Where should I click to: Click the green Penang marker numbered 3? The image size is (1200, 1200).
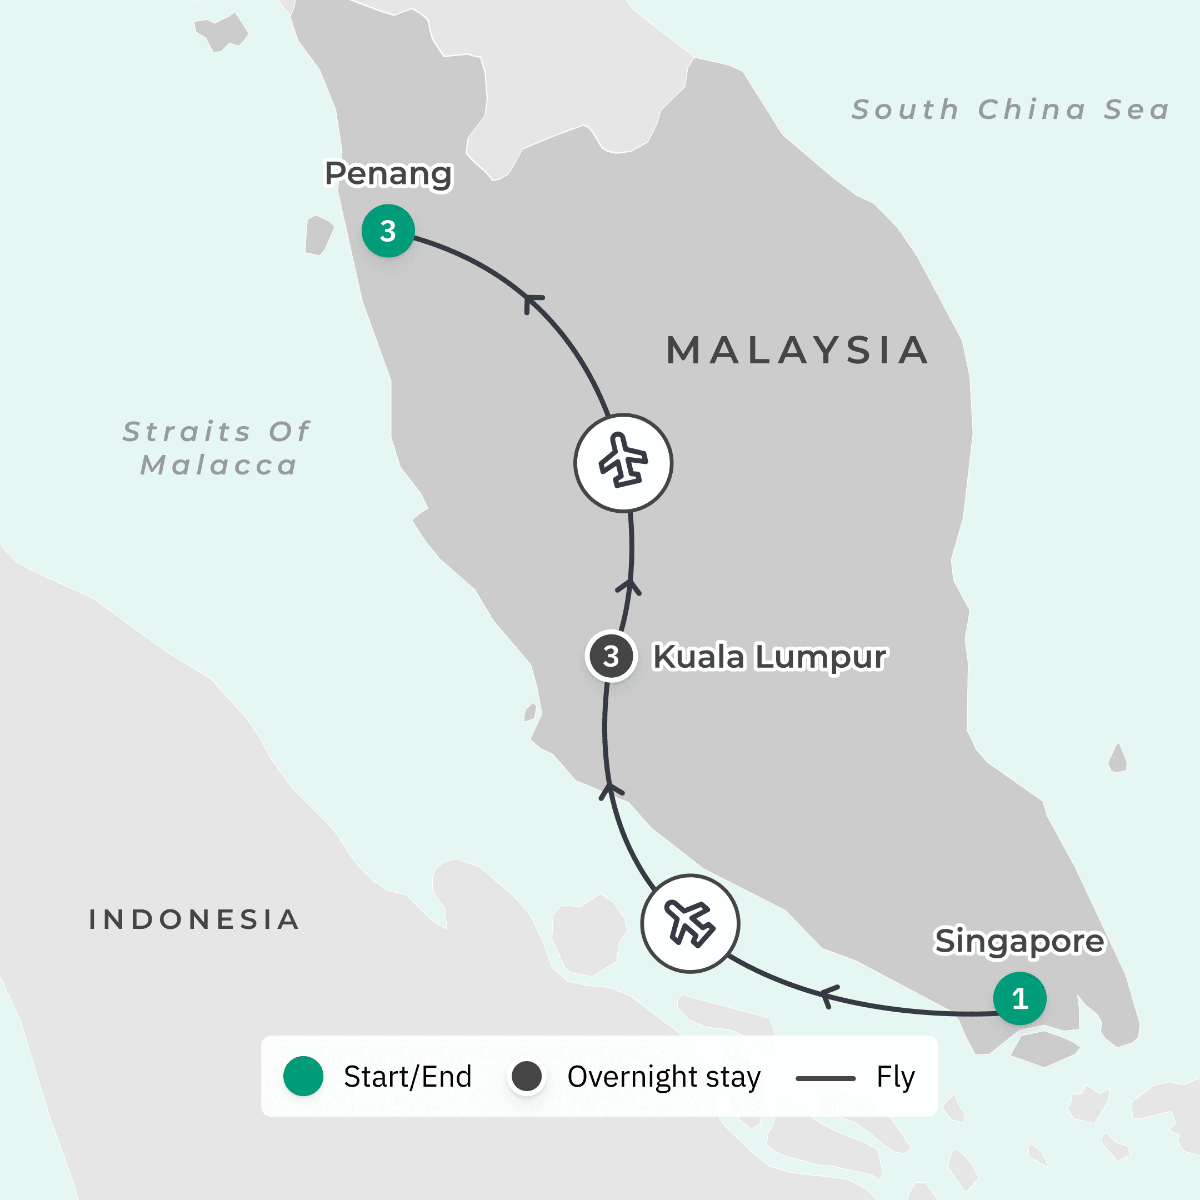click(388, 231)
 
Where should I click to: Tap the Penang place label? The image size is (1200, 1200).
click(388, 174)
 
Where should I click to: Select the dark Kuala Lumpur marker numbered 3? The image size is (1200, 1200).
click(611, 657)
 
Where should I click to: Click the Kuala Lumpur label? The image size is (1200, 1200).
click(769, 657)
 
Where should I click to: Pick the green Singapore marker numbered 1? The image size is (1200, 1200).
click(1019, 998)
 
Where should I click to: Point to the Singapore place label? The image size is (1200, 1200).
click(1019, 941)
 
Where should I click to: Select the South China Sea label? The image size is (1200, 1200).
click(1011, 110)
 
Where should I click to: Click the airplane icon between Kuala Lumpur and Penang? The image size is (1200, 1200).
click(623, 463)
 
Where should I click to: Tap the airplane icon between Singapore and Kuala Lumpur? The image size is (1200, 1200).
click(690, 923)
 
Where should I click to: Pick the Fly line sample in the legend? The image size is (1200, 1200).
click(826, 1078)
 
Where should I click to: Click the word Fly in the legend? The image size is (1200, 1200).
click(895, 1077)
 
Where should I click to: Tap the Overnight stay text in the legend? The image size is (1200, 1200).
click(663, 1077)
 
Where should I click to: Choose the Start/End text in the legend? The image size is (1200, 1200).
click(407, 1077)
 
